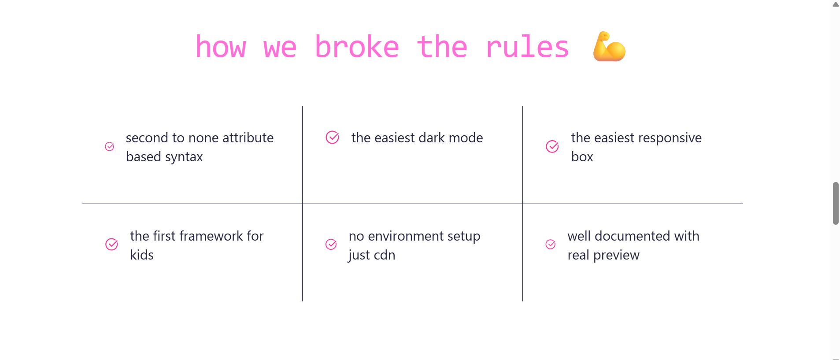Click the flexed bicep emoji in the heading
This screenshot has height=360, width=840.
609,46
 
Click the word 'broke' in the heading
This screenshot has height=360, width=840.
357,47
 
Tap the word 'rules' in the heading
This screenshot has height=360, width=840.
527,47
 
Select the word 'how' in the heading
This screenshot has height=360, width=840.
221,47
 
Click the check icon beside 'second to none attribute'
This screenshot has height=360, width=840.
110,147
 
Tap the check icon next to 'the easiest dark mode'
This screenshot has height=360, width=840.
333,137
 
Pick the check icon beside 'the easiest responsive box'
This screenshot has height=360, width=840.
552,147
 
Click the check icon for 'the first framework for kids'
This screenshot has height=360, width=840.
112,245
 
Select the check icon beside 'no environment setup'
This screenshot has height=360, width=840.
331,245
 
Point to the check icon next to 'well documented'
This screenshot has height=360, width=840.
551,245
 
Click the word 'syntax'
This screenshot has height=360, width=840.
184,157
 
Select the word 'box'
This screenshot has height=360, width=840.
582,157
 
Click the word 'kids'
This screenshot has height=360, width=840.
142,255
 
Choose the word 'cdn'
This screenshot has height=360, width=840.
384,255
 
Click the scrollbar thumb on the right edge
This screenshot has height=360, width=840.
836,203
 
